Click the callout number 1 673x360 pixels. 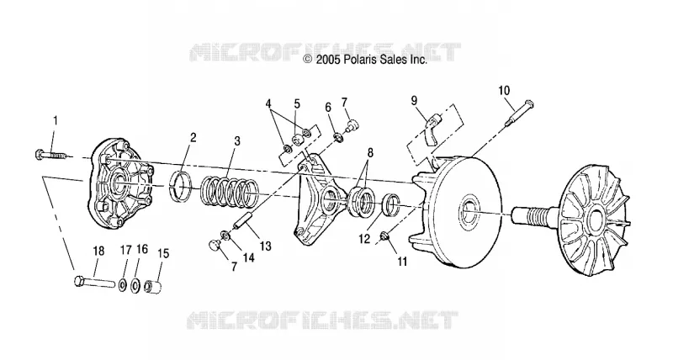[55, 121]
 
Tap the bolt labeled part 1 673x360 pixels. [50, 155]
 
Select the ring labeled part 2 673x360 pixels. [183, 188]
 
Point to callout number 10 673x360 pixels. [504, 91]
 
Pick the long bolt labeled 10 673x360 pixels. [518, 113]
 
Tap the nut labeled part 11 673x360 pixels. [384, 236]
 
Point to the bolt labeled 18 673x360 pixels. [94, 283]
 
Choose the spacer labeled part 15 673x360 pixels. [154, 286]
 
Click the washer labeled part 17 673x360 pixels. [122, 285]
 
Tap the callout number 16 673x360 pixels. [142, 250]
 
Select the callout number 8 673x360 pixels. [370, 153]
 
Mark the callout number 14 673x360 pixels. [248, 257]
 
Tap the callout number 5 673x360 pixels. [297, 103]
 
